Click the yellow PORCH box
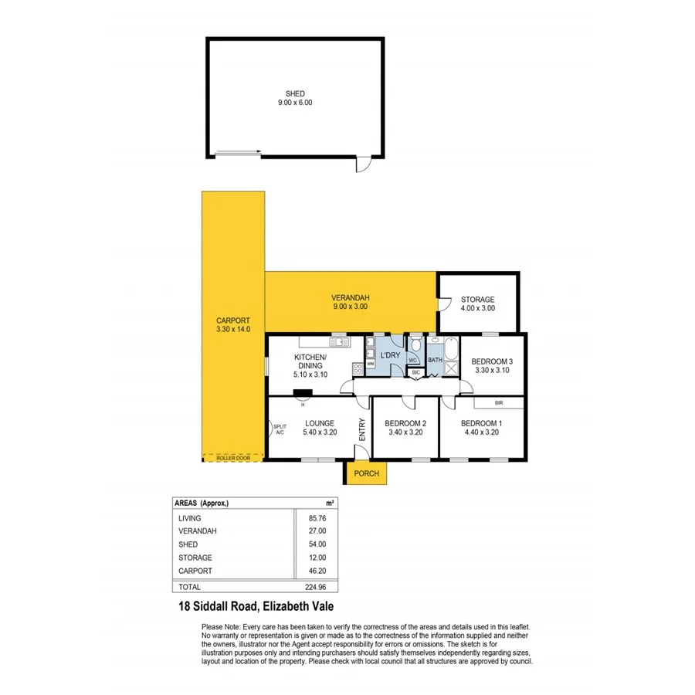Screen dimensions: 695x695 (366, 473)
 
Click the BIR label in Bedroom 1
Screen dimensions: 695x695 (499, 403)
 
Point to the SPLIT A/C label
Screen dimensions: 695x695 (280, 429)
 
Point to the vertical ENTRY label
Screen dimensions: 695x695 (361, 429)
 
